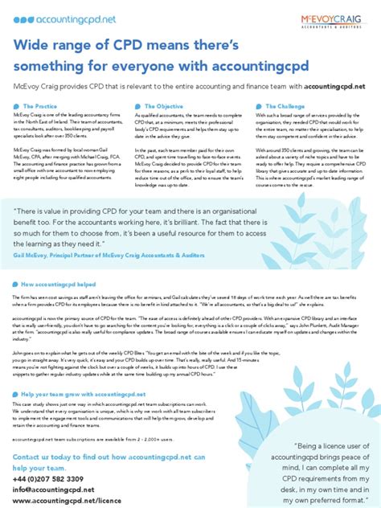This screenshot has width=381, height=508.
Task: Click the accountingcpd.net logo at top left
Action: tap(49, 18)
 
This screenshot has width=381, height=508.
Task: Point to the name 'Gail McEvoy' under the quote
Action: tap(31, 252)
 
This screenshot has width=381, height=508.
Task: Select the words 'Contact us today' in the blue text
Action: tap(44, 457)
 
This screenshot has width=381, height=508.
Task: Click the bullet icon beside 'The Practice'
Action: tap(16, 106)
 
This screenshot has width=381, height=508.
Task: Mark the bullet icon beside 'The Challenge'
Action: tap(260, 106)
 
